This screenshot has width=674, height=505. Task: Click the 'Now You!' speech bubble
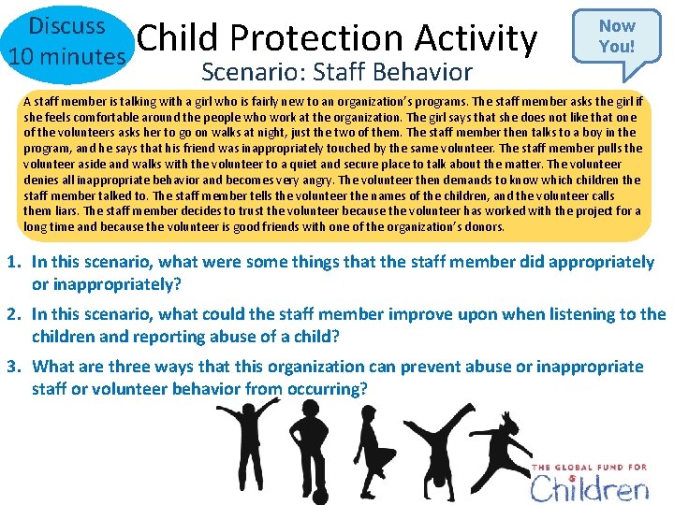tap(616, 36)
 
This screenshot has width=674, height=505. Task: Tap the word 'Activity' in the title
tap(479, 37)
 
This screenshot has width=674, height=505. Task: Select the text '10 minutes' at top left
tap(65, 57)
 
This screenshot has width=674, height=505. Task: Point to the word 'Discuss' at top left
tap(65, 25)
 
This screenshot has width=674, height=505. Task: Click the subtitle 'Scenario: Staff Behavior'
tap(337, 71)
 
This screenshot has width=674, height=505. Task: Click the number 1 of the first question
tap(16, 263)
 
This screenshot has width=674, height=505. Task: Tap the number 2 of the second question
tap(16, 315)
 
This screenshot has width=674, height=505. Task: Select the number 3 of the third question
tap(16, 367)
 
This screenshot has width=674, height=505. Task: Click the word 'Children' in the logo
tap(589, 487)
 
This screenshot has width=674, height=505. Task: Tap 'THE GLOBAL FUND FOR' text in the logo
tap(590, 467)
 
